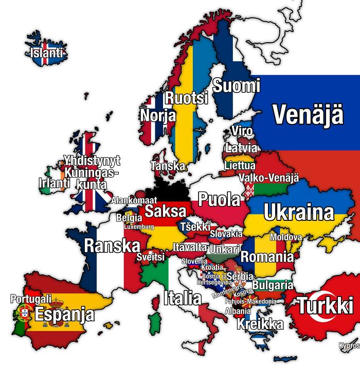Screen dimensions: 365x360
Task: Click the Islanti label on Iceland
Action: (47, 53)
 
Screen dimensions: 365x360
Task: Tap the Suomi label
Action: (236, 85)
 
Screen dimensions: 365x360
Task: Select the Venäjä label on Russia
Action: (308, 114)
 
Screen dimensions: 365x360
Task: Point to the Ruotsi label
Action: (186, 98)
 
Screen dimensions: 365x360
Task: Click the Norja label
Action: (158, 115)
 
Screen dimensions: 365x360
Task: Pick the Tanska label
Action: (168, 166)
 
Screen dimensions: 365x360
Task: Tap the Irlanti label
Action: (54, 183)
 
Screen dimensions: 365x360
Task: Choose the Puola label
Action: (219, 199)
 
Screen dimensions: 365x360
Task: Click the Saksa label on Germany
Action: (165, 211)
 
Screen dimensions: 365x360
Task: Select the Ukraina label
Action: (299, 212)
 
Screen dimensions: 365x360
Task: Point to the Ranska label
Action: (112, 246)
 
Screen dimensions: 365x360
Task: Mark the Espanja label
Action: (65, 314)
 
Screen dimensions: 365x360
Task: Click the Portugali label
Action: (31, 299)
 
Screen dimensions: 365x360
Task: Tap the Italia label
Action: (183, 298)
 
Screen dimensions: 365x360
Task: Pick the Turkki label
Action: (326, 306)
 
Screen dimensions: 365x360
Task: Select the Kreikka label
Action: (260, 324)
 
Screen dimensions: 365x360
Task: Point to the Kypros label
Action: (350, 346)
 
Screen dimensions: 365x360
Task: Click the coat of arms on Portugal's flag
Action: (24, 311)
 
